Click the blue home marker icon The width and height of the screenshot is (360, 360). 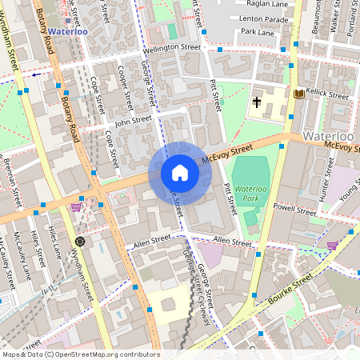point(180,173)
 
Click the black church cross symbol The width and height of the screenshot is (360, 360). point(258,102)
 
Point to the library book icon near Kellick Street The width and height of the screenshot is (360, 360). point(299,94)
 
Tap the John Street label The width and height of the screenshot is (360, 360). point(133,122)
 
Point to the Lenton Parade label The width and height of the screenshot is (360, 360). point(262,18)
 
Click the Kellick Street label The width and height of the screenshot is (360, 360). point(327,95)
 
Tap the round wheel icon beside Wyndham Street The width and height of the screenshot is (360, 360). point(79,241)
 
